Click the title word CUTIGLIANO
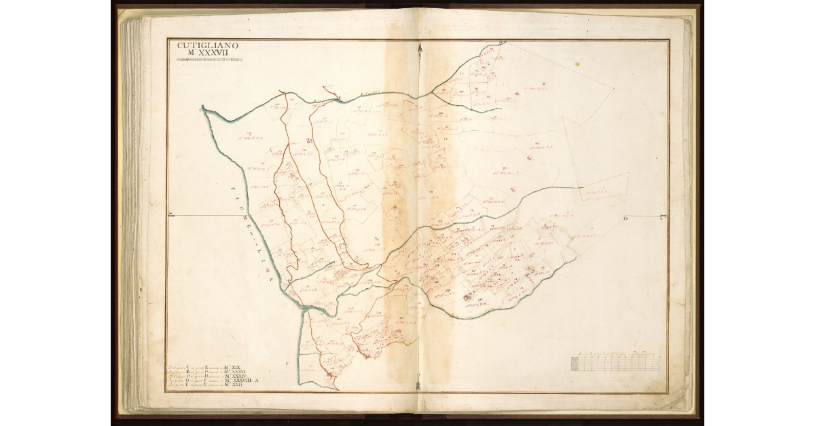pos(208,45)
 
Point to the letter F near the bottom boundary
pos(288,364)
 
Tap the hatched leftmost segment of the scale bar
pos(575,364)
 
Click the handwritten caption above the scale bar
pos(615,354)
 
